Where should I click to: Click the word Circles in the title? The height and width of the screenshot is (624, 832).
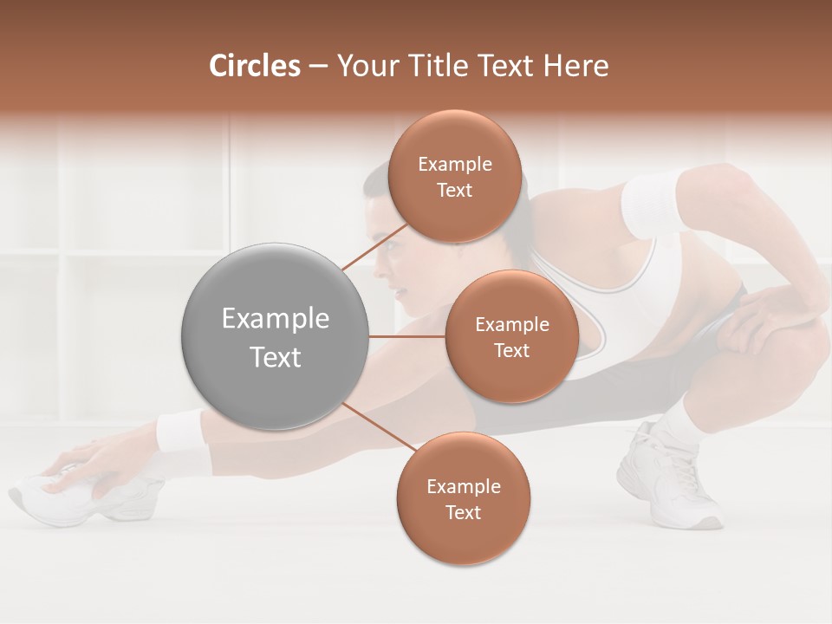point(254,66)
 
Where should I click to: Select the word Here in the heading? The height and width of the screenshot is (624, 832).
point(575,66)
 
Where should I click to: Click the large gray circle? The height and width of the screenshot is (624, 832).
point(274,336)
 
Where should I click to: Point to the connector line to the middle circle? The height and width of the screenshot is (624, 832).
point(407,336)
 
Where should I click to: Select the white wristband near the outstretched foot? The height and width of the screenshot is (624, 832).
point(179,431)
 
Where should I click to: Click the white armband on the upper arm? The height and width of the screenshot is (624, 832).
point(652,205)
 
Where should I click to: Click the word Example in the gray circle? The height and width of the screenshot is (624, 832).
point(275,319)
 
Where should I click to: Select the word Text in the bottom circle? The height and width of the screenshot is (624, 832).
point(463,512)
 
